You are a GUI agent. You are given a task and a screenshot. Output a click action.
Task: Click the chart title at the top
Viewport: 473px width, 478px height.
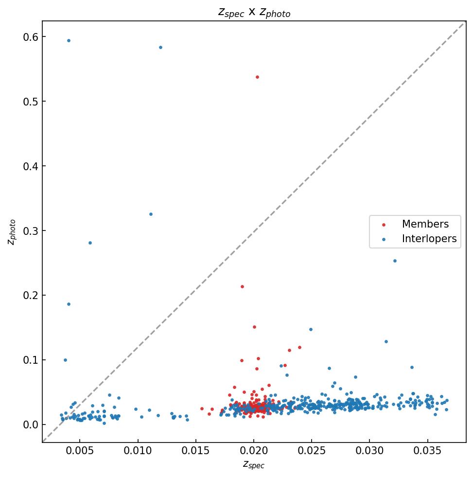[254, 13]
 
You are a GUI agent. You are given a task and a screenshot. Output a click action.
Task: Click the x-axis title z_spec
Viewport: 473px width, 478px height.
[254, 464]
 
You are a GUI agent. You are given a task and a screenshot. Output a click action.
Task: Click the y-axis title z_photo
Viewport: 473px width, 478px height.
[12, 232]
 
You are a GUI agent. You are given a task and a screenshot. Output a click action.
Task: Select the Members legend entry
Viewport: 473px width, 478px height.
[425, 224]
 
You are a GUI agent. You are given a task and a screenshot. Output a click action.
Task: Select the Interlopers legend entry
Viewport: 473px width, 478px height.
[429, 239]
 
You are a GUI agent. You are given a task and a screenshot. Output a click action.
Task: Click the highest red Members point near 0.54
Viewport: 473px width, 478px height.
[257, 77]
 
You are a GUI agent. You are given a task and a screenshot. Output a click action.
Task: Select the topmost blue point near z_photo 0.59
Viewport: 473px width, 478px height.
[69, 40]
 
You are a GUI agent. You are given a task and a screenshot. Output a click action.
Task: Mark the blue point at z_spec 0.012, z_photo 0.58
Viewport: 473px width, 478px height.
[160, 47]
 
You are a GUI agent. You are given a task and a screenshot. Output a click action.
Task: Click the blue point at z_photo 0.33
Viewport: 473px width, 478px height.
[151, 214]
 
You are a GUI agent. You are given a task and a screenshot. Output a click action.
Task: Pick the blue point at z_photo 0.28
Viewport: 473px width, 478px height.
[90, 243]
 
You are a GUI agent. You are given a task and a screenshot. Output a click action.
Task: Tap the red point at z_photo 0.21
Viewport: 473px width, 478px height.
[242, 286]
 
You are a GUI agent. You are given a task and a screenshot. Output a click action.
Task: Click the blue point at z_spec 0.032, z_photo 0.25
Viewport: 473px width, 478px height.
[395, 261]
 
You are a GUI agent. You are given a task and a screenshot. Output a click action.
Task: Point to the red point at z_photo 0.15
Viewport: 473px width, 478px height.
[254, 327]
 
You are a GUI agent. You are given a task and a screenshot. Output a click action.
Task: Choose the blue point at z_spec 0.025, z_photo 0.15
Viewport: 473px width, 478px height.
[311, 329]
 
